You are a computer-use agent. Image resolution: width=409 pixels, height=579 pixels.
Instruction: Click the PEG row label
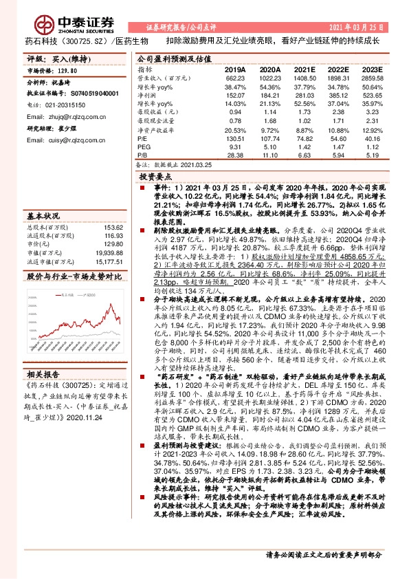144,146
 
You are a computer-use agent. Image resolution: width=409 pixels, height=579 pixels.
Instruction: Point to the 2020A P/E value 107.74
270,138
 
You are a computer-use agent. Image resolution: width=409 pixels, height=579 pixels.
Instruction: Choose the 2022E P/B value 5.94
336,155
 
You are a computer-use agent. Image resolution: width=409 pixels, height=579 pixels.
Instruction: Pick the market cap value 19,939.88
97,252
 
